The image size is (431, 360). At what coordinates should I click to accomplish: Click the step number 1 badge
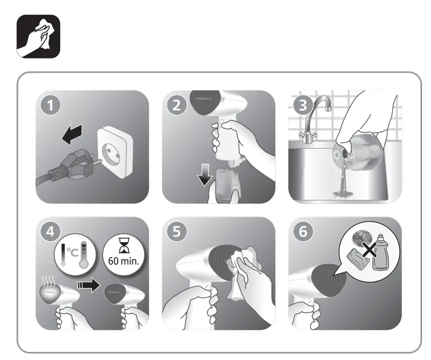click(51, 105)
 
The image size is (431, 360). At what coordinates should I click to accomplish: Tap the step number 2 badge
click(177, 105)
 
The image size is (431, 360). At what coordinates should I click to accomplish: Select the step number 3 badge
click(303, 105)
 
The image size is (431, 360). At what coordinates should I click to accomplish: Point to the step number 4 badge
click(51, 232)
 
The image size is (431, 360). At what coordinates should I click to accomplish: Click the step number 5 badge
click(177, 232)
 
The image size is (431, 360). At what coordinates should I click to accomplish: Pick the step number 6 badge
click(303, 232)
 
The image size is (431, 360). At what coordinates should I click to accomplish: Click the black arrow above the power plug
click(72, 134)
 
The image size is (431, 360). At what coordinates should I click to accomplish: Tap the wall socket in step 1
click(115, 151)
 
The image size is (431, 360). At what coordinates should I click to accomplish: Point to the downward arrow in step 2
click(205, 175)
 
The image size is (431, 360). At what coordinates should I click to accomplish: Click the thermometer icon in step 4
click(83, 255)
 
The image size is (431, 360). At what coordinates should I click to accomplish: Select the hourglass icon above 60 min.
click(123, 246)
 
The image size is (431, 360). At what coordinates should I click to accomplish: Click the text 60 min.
click(123, 261)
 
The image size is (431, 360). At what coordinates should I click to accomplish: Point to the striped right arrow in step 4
click(89, 285)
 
